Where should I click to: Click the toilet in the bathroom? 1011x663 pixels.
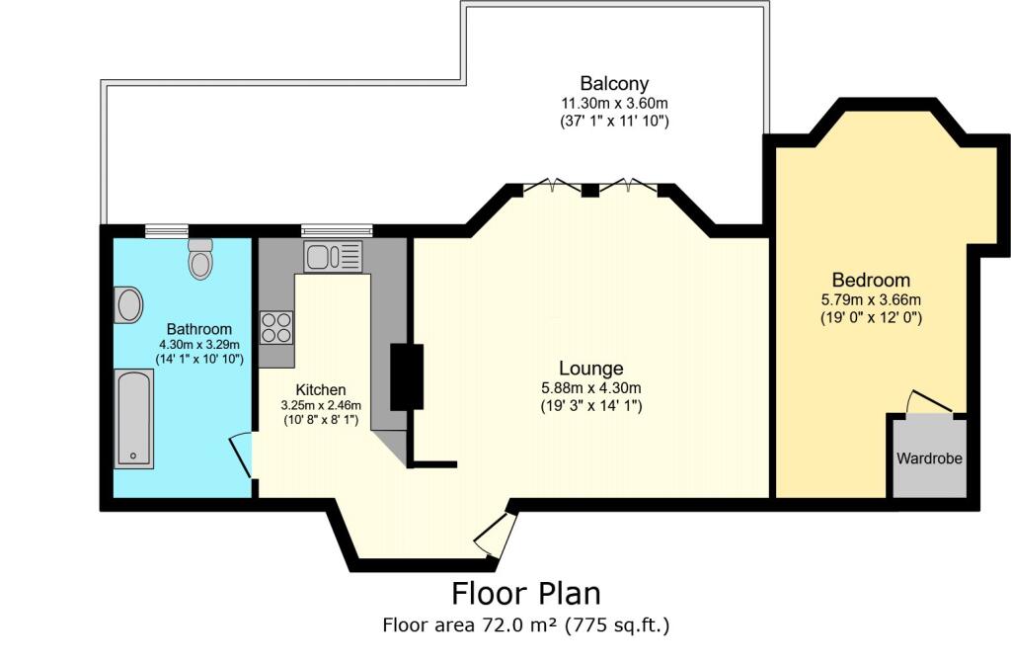pyautogui.click(x=200, y=258)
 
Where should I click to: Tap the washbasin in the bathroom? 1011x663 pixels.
pyautogui.click(x=128, y=304)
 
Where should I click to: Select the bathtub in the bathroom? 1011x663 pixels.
pyautogui.click(x=134, y=418)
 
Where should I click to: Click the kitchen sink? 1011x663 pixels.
pyautogui.click(x=333, y=256)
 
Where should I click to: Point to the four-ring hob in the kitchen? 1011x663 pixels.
pyautogui.click(x=276, y=327)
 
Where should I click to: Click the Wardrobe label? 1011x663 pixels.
pyautogui.click(x=929, y=458)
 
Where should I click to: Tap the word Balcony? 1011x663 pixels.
pyautogui.click(x=614, y=83)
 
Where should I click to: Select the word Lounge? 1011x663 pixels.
pyautogui.click(x=591, y=368)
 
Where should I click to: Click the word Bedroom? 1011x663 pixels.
pyautogui.click(x=871, y=281)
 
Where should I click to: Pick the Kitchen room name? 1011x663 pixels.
pyautogui.click(x=321, y=390)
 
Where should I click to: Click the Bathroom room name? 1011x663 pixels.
pyautogui.click(x=199, y=329)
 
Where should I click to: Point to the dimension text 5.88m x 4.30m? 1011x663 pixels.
pyautogui.click(x=590, y=388)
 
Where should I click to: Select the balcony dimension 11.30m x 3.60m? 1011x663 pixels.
pyautogui.click(x=614, y=103)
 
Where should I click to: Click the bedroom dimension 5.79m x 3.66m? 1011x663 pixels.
pyautogui.click(x=871, y=299)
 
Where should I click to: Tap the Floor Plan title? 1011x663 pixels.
pyautogui.click(x=525, y=593)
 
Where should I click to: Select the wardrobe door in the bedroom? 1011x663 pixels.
pyautogui.click(x=928, y=401)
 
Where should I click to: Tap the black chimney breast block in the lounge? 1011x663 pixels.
pyautogui.click(x=407, y=376)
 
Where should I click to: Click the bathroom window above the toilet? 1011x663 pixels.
pyautogui.click(x=167, y=231)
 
